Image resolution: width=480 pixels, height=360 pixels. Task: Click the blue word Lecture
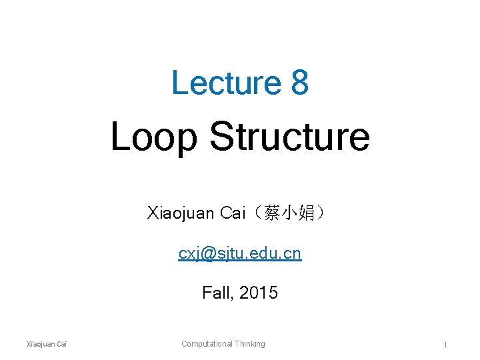[x=226, y=83]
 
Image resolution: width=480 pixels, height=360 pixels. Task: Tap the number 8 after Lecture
[x=299, y=83]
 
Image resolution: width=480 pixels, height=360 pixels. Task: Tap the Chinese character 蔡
[x=271, y=213]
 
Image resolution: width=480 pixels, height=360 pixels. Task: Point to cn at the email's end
[x=293, y=253]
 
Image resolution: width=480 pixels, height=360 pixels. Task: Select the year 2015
[x=259, y=293]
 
